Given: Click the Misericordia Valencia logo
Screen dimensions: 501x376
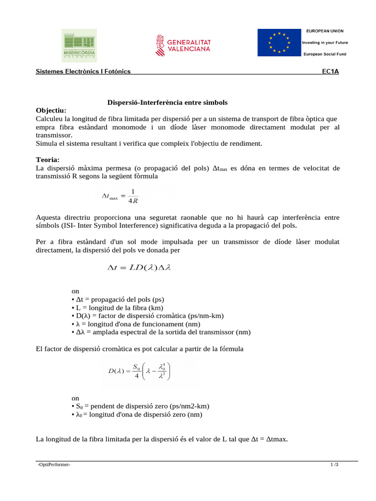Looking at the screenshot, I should (79, 45).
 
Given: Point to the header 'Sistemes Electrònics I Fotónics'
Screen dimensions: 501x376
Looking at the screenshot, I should (83, 71).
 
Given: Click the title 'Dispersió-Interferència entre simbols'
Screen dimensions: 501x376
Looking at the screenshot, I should (167, 102).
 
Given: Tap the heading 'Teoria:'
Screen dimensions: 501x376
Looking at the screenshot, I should (48, 159).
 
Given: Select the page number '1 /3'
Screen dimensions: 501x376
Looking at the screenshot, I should (334, 465).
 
